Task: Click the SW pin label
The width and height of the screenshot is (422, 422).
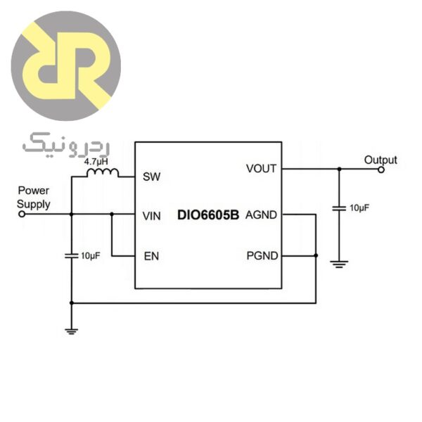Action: coord(151,177)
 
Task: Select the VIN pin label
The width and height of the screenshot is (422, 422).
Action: coord(152,215)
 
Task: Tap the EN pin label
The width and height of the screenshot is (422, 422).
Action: coord(151,256)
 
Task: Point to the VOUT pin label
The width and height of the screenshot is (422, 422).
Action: coord(261,169)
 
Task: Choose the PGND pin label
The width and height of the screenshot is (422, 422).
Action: coord(261,255)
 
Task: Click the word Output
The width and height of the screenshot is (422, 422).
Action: coord(381,160)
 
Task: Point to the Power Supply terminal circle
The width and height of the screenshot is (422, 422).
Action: coord(21,215)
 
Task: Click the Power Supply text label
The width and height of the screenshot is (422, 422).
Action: coord(34,197)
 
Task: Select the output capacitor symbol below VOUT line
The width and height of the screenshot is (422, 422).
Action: coord(339,208)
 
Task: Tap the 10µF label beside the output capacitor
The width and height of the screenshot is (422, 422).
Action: coord(359,208)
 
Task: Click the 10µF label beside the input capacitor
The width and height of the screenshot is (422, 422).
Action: coord(91,256)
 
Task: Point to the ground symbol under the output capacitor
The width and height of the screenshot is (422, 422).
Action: coord(339,264)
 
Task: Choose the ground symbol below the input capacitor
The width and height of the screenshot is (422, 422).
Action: coord(71,329)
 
